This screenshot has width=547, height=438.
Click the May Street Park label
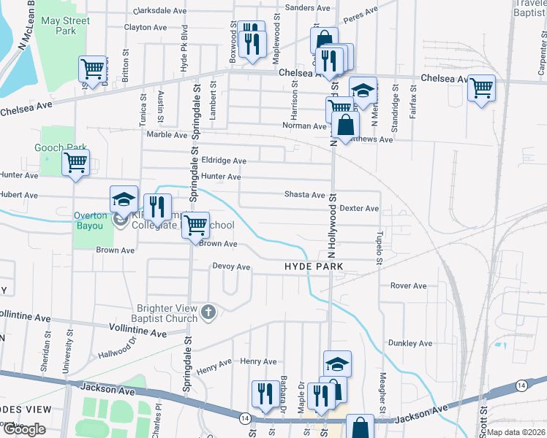pos(65,26)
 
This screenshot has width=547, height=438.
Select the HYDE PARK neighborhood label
pos(314,267)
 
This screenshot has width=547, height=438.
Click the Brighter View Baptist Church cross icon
pos(208,312)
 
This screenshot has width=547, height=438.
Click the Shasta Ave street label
pos(304,195)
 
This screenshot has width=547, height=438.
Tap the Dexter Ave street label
pos(359,209)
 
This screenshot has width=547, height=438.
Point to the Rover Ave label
pos(408,285)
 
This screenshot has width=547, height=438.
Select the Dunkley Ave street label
pos(412,343)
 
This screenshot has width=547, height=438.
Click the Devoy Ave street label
pos(231,267)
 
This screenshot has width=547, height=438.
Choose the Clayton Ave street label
pos(146,27)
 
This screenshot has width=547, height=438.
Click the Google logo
pos(23,429)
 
